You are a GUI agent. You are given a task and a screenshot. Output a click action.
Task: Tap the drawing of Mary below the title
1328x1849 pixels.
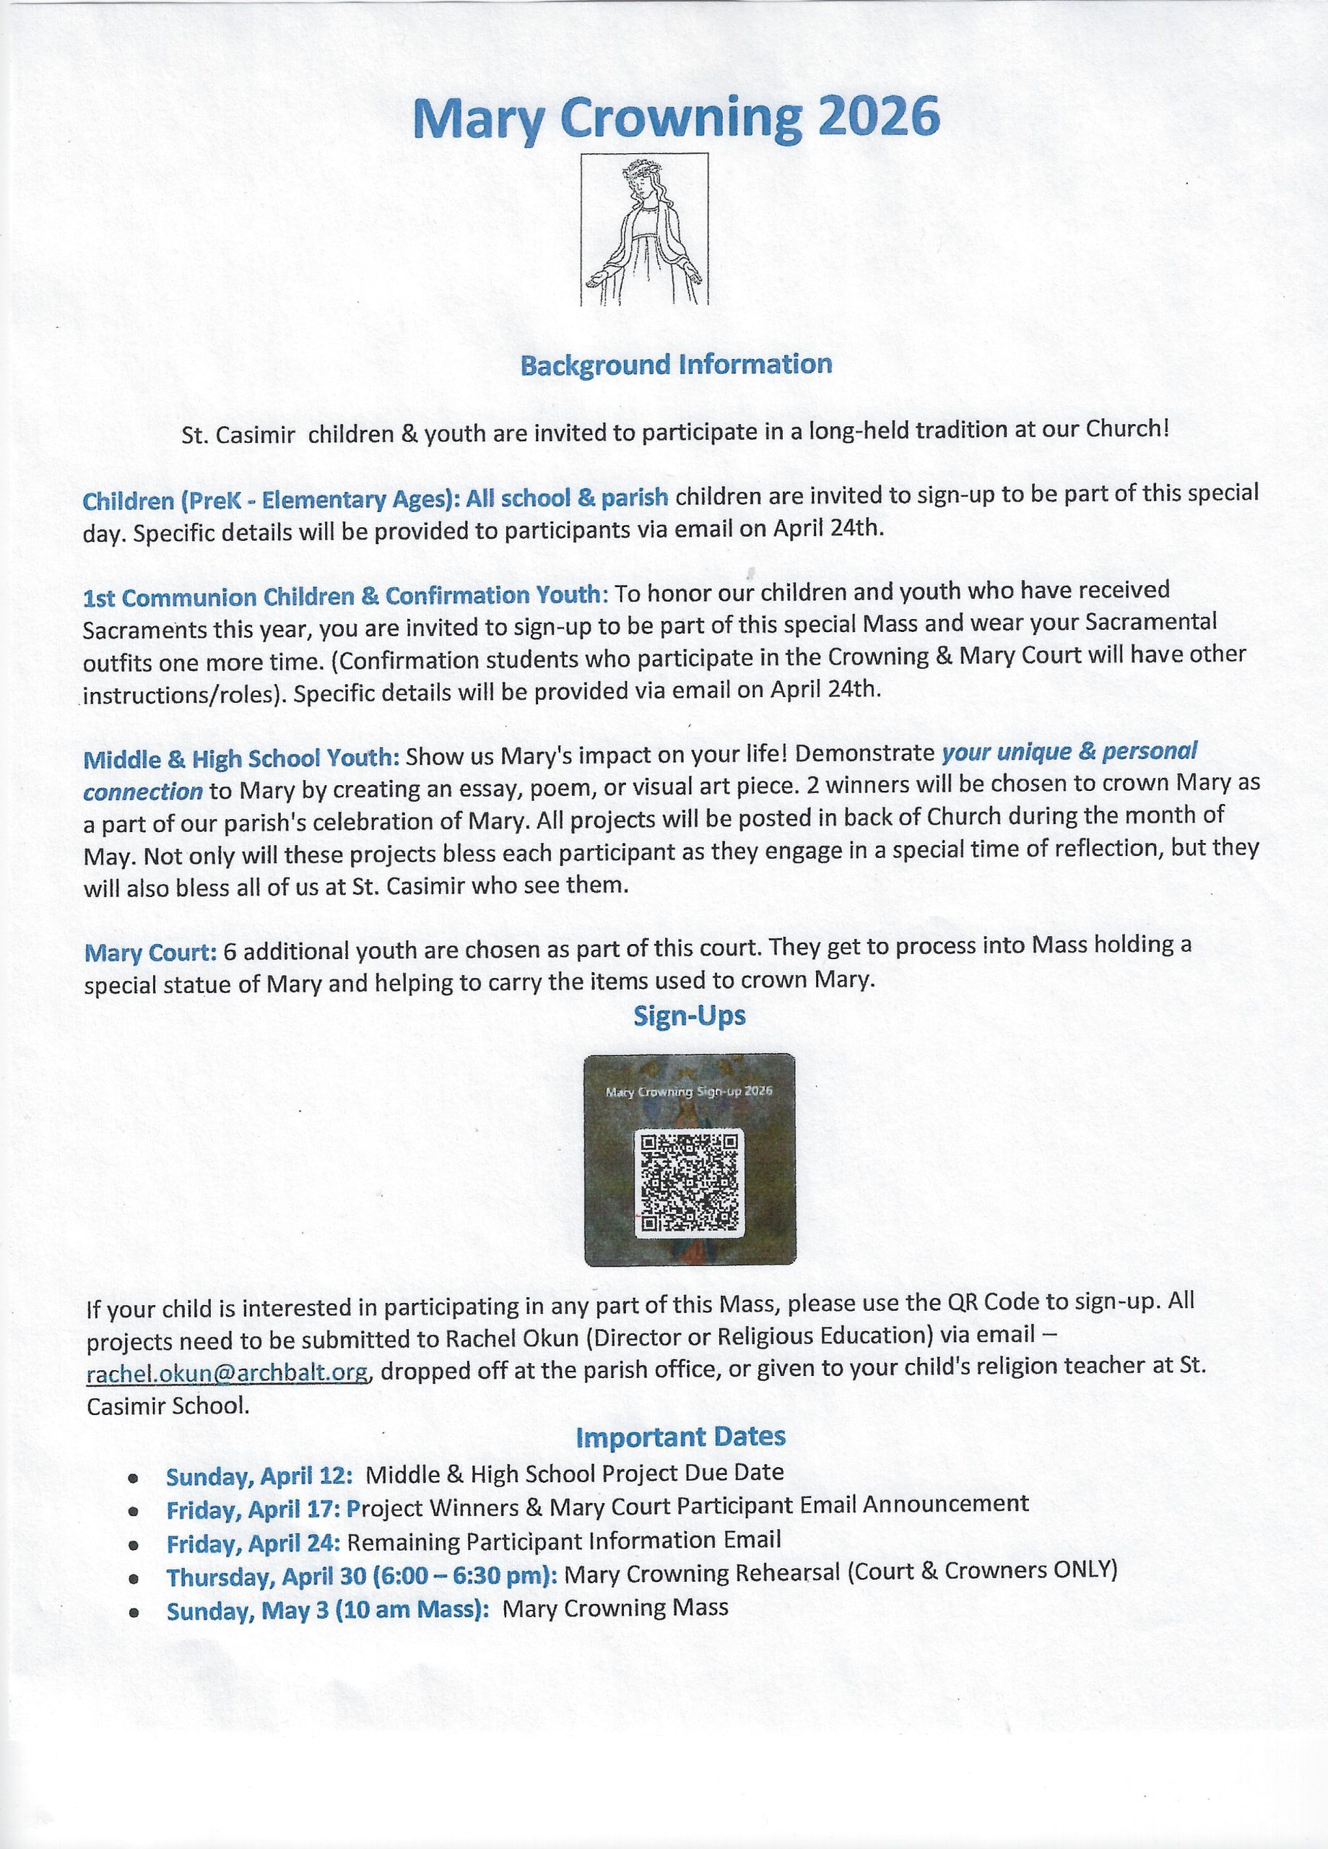point(643,230)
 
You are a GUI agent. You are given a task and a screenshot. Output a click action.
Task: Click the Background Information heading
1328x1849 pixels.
point(676,365)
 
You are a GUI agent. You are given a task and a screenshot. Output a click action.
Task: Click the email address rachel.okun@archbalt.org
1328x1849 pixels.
point(228,1372)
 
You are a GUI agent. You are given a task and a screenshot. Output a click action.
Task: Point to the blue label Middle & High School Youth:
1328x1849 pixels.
point(241,759)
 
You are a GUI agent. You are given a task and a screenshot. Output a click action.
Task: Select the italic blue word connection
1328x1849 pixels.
point(143,792)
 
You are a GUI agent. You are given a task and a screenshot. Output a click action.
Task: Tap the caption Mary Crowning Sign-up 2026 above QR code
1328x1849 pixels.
point(689,1091)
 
